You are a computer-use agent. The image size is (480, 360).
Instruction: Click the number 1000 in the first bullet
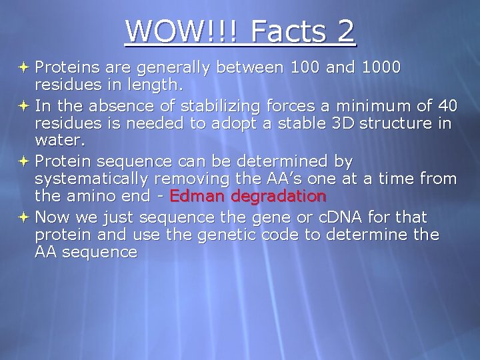[381, 67]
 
